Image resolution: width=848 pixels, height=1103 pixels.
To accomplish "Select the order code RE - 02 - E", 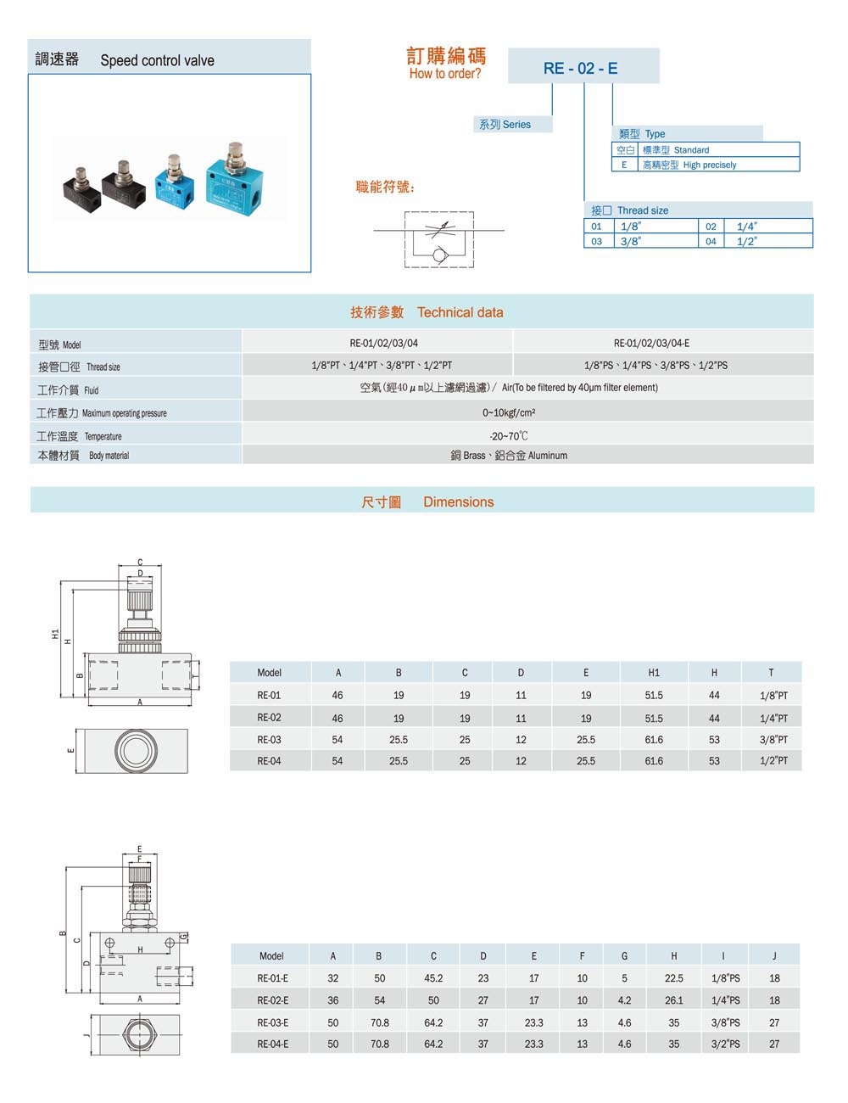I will tap(581, 69).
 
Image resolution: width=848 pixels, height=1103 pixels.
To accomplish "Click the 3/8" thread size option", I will tap(631, 241).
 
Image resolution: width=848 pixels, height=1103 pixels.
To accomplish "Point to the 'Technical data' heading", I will tap(460, 312).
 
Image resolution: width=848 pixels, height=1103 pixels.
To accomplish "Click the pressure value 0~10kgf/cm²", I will tap(509, 412).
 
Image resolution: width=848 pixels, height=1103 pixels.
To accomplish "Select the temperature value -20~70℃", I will tap(509, 435).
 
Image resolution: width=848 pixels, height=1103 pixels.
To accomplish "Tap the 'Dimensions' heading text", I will tap(458, 502).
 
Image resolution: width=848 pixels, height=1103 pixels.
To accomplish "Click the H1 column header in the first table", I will tap(654, 673).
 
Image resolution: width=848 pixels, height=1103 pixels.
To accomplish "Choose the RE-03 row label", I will tap(269, 740).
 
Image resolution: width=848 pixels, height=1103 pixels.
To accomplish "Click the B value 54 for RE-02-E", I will tap(379, 1000).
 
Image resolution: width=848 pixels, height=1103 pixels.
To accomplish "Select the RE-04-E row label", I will tap(272, 1044).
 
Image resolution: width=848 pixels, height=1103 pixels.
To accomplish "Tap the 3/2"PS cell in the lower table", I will tap(725, 1044).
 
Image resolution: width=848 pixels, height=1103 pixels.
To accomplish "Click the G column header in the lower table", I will tap(624, 956).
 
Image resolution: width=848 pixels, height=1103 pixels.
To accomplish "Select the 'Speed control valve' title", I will tap(157, 61).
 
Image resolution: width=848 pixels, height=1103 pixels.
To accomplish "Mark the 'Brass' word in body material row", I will tap(474, 456).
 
